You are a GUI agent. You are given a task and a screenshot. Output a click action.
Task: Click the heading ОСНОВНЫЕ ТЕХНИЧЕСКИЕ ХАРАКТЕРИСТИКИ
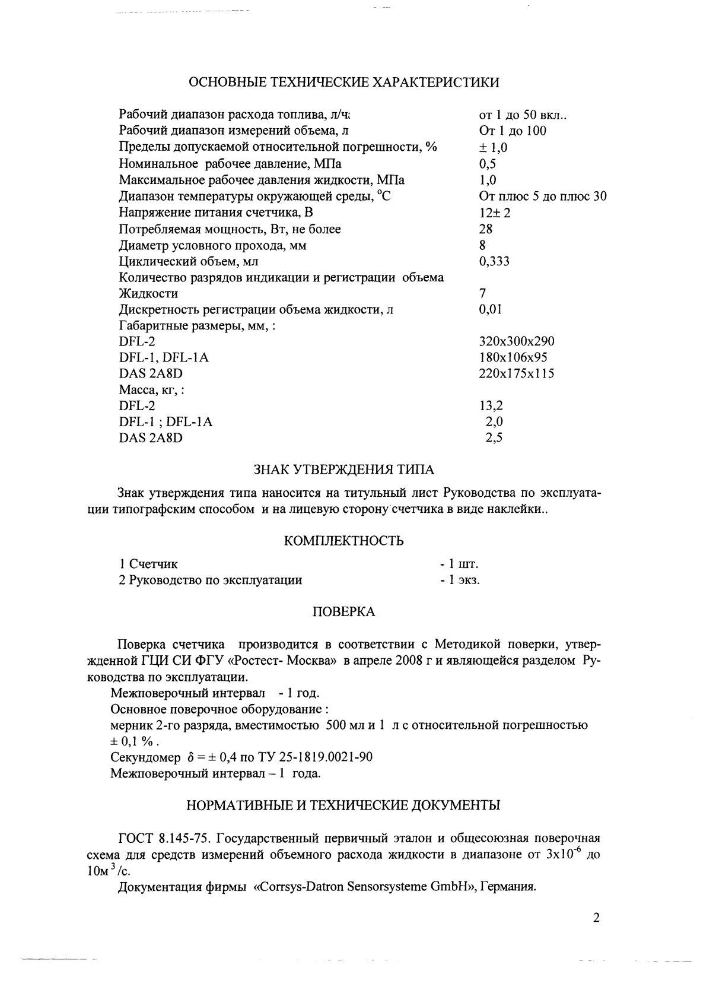pos(343,83)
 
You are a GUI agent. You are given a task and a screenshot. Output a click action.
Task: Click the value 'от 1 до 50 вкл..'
pos(524,115)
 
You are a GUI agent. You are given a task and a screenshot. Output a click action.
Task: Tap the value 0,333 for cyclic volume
pos(494,262)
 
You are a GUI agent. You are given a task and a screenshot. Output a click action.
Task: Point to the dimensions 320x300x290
pos(516,342)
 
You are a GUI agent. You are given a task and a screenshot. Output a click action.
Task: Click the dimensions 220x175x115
pos(516,374)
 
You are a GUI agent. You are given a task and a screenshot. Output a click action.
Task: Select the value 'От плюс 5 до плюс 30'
pos(542,196)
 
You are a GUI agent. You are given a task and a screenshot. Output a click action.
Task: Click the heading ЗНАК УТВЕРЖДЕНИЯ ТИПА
pos(344,470)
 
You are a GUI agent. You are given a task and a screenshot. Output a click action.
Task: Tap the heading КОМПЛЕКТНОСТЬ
pos(344,541)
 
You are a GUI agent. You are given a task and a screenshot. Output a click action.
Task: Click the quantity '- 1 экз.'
pos(460,581)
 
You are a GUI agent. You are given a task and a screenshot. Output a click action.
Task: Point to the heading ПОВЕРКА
pos(344,612)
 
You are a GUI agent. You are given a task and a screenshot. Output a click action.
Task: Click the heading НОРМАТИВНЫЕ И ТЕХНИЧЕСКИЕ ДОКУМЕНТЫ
pos(343,805)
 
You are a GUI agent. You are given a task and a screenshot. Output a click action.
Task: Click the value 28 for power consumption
pos(485,229)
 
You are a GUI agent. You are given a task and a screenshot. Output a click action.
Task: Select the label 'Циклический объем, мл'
pos(189,262)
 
